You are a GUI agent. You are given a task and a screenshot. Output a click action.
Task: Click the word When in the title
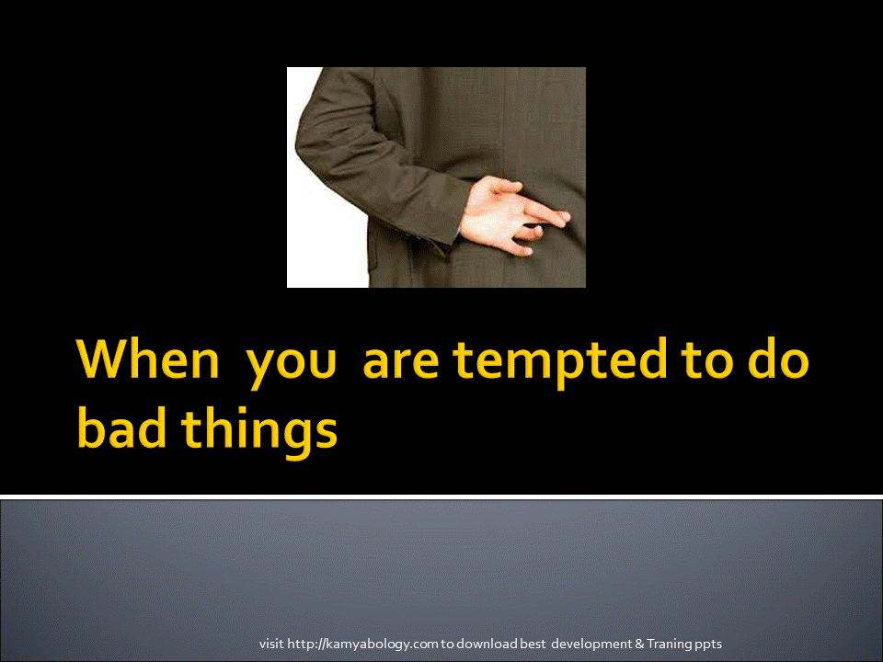[x=148, y=360]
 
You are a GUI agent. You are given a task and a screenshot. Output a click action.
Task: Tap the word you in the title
[x=292, y=366]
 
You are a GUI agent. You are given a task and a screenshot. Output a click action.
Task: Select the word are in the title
[x=400, y=363]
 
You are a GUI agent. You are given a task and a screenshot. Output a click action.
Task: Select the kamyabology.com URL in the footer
[x=362, y=644]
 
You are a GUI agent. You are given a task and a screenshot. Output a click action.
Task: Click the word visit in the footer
[x=271, y=644]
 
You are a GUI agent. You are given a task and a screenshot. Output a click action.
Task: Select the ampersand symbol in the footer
[x=639, y=644]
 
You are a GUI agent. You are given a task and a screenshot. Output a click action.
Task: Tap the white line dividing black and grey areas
[x=441, y=496]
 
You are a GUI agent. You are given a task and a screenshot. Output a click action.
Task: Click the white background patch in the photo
[x=327, y=236]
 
